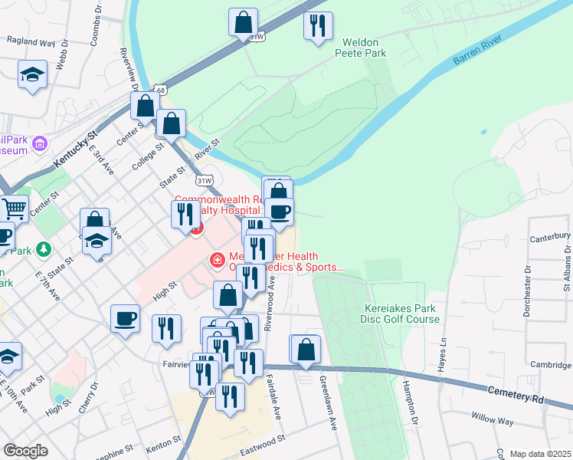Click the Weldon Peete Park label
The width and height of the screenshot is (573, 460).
360,48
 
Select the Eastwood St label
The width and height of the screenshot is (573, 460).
263,440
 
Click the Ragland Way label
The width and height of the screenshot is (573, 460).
31,43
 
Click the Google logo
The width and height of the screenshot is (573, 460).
25,451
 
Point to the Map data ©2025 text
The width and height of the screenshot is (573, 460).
541,454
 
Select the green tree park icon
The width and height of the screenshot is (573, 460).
44,249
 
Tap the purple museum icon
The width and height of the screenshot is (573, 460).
41,143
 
